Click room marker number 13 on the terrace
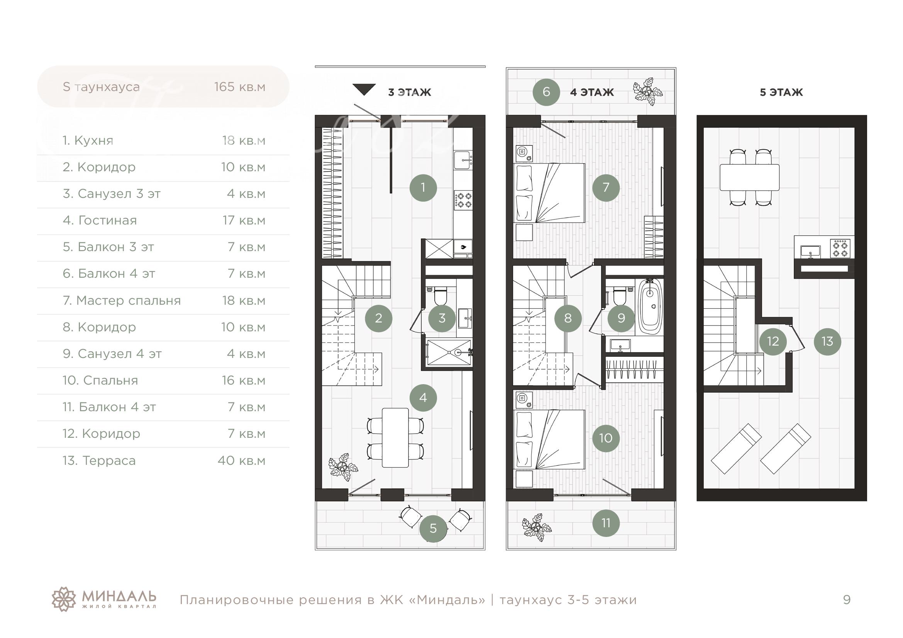click(x=827, y=341)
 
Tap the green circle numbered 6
click(x=546, y=92)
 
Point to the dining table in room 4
click(x=395, y=437)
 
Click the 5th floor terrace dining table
click(x=750, y=177)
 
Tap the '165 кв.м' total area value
click(x=239, y=87)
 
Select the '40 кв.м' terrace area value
click(x=241, y=461)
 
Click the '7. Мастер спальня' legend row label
click(x=122, y=300)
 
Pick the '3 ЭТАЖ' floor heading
click(x=409, y=92)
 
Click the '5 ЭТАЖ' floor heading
click(x=781, y=92)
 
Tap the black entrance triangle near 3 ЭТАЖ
click(x=364, y=89)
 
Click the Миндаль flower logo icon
click(x=64, y=599)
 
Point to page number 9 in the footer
click(x=847, y=599)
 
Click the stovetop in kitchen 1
click(x=463, y=199)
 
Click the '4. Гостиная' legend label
click(x=100, y=220)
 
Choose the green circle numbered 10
click(x=606, y=438)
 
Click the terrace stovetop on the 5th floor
click(x=840, y=249)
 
